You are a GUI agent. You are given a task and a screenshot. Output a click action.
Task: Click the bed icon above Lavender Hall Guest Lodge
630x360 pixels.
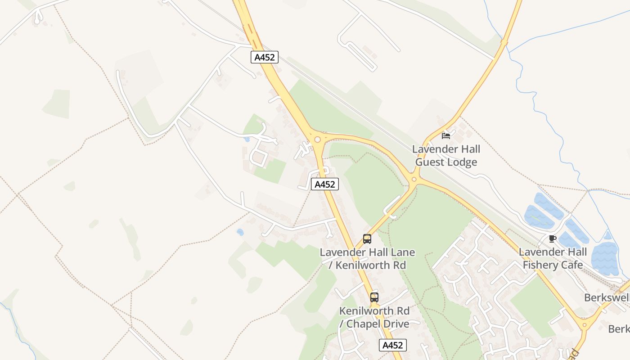[446, 135]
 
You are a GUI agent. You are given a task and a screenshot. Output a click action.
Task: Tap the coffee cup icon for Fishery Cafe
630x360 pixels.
[553, 238]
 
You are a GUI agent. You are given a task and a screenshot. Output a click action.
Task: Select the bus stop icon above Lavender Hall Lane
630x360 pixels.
[367, 239]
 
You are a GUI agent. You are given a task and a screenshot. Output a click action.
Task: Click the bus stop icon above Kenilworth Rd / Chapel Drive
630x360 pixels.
[374, 297]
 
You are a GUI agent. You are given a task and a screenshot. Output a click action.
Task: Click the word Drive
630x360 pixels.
[395, 324]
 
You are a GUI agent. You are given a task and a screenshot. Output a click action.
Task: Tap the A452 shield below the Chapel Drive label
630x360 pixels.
[393, 345]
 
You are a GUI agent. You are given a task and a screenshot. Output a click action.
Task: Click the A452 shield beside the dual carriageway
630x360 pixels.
[265, 57]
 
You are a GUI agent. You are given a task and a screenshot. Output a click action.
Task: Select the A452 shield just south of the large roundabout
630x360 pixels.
[324, 184]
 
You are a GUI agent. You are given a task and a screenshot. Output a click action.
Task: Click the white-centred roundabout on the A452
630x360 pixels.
[318, 139]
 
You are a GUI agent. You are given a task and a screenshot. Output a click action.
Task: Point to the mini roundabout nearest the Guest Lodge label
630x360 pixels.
[414, 180]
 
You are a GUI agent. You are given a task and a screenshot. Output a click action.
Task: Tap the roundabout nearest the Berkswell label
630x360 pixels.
[585, 324]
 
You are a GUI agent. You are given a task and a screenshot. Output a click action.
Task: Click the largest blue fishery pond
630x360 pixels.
[605, 259]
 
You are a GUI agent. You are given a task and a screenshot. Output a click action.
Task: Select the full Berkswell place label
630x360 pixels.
[606, 297]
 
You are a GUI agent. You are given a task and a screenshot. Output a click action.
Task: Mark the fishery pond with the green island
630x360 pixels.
[539, 218]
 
